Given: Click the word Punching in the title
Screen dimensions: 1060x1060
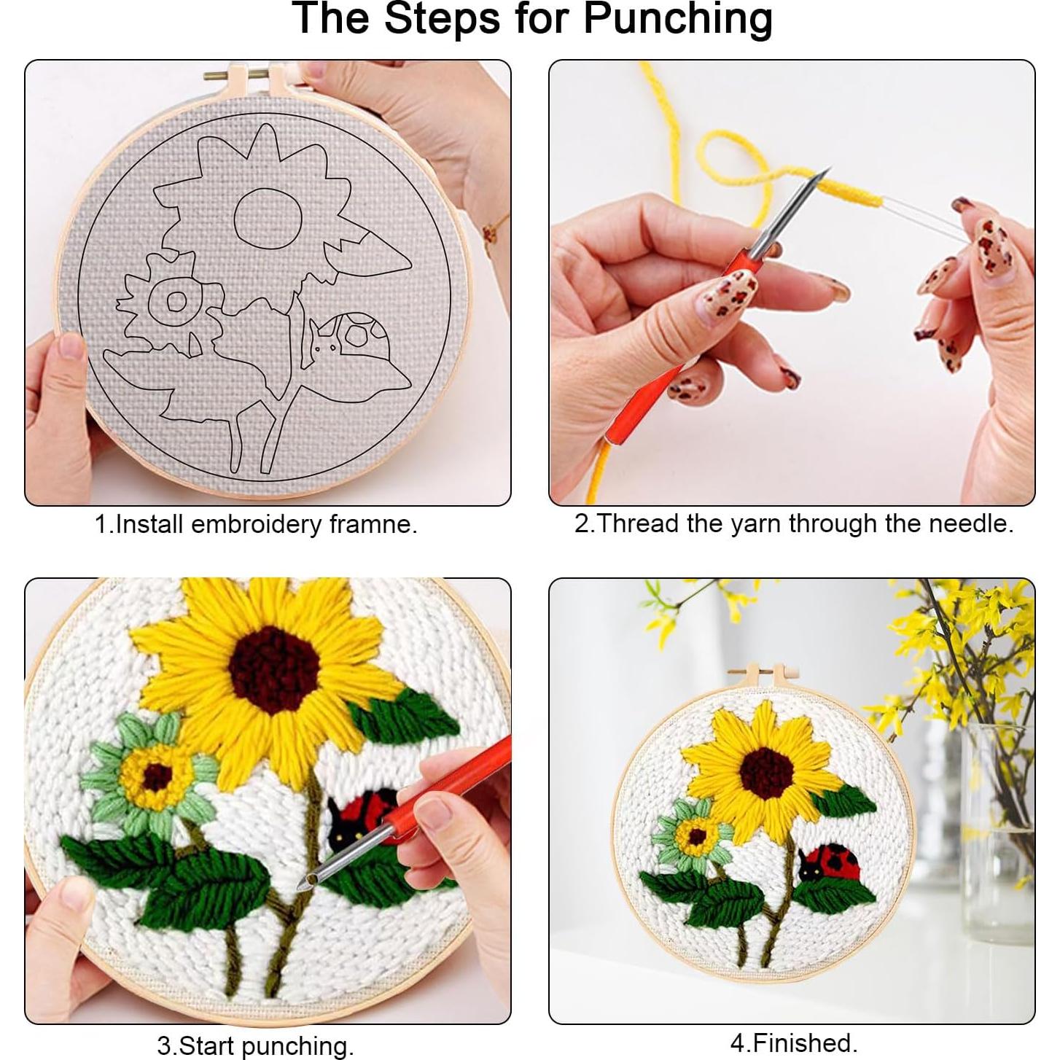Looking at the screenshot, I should click(x=678, y=19).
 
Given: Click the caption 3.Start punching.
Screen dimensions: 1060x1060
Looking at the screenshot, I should click(x=255, y=1045).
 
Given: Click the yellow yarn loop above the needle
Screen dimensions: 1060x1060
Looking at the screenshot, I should click(x=736, y=157).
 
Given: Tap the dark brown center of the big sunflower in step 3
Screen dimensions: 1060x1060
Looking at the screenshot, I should click(x=273, y=667).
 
